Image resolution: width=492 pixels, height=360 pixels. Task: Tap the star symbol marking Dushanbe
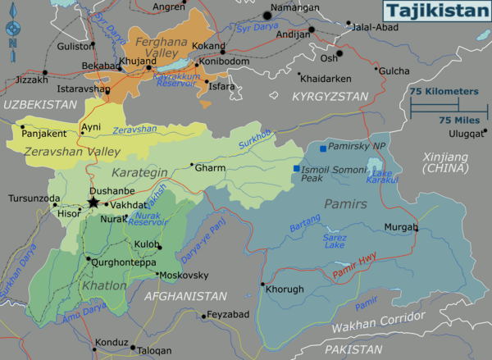coord(93,203)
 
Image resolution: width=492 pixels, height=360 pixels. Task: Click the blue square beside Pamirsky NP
coord(323,148)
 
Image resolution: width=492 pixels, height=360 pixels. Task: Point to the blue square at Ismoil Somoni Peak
coord(296,169)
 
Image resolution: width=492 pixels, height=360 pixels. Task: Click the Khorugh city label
coord(285,289)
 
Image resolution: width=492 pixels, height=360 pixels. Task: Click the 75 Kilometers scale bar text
coord(444,92)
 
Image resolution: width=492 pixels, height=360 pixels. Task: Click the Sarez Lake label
coord(333,239)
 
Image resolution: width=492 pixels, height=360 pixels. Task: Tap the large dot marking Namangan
coord(266,15)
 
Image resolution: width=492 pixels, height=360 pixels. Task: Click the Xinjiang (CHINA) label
coord(445,162)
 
